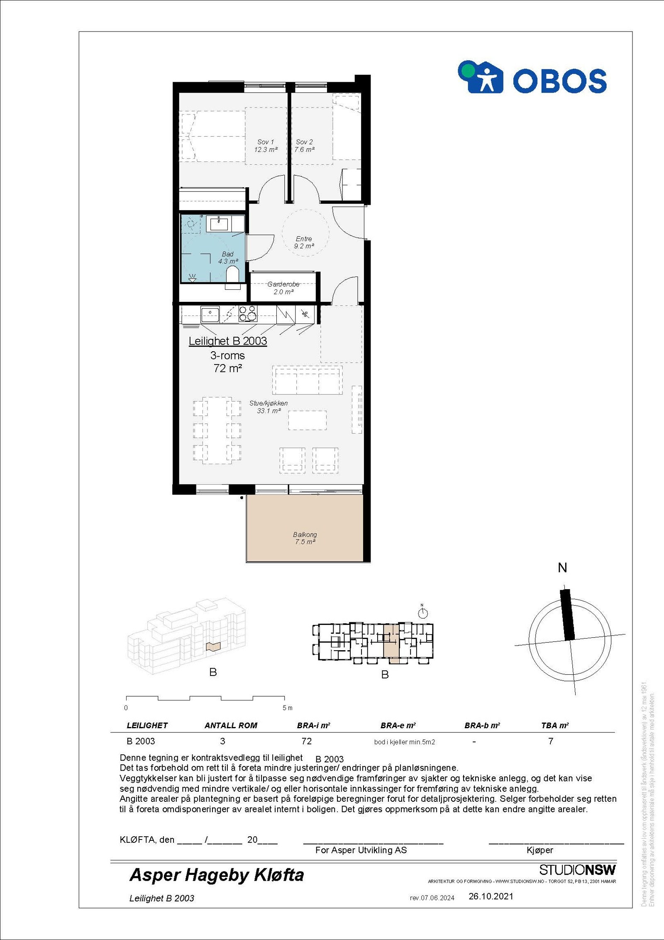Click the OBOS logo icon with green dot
[x=480, y=77]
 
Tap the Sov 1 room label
[x=266, y=146]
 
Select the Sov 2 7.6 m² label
[x=304, y=146]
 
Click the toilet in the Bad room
[x=232, y=274]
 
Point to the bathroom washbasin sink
[x=219, y=224]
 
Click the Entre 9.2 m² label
[x=304, y=242]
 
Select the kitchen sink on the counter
[x=210, y=314]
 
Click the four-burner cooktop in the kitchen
[x=247, y=314]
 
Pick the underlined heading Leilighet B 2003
[x=228, y=341]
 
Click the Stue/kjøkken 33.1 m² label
[x=269, y=407]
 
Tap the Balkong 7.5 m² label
[x=305, y=538]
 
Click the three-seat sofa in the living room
[x=308, y=380]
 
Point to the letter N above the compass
[x=562, y=568]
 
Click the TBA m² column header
[x=555, y=725]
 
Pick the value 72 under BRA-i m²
[x=306, y=741]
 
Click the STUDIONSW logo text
[x=577, y=870]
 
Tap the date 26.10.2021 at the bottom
[x=491, y=896]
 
